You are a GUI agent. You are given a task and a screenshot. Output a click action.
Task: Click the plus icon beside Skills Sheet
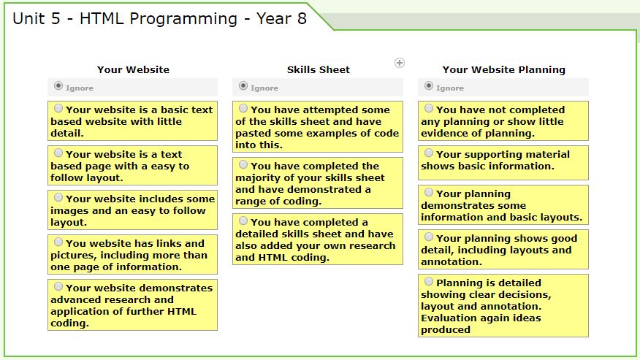tap(399, 63)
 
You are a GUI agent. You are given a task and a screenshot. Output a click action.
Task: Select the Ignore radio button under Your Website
tap(58, 85)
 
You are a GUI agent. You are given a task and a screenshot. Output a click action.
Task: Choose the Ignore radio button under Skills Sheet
tap(243, 85)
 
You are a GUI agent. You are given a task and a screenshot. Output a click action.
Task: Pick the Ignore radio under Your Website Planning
tap(429, 85)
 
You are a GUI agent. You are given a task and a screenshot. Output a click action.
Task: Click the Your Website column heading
tap(133, 70)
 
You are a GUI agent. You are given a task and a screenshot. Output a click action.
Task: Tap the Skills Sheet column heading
tap(319, 70)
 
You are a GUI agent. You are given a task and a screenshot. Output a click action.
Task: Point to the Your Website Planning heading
tap(503, 70)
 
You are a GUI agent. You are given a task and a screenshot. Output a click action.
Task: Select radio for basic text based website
tap(58, 108)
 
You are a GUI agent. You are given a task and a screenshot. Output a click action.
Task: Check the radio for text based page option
tap(58, 153)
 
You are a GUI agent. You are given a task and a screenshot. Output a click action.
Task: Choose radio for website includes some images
tap(58, 197)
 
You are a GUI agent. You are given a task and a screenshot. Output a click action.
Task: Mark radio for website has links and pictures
tap(58, 242)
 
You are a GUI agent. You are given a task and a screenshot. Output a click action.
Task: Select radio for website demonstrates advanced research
tap(58, 286)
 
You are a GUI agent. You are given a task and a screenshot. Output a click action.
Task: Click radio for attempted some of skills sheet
tap(243, 108)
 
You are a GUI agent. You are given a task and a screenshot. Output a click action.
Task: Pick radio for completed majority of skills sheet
tap(243, 164)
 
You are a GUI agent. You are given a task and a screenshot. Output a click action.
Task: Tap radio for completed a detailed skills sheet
tap(243, 221)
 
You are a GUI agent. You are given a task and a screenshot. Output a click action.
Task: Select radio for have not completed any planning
tap(429, 108)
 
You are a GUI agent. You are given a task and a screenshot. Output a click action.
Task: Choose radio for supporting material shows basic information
tap(429, 153)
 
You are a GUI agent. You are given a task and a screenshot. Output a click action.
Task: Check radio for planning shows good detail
tap(429, 237)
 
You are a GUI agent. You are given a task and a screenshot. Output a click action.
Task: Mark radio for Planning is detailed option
tap(429, 281)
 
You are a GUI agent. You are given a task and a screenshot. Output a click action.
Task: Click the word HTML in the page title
tap(102, 19)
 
